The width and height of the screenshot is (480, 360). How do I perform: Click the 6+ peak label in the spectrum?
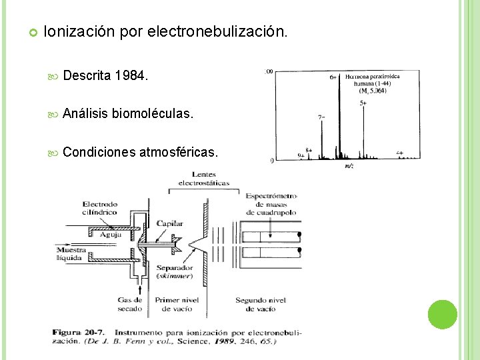click(333, 77)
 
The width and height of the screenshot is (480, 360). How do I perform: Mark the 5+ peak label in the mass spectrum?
click(363, 103)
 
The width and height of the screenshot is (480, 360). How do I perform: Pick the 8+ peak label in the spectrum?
click(308, 150)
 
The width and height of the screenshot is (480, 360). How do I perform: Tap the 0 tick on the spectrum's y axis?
click(271, 161)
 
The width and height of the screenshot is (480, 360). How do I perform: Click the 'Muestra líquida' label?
click(69, 253)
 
